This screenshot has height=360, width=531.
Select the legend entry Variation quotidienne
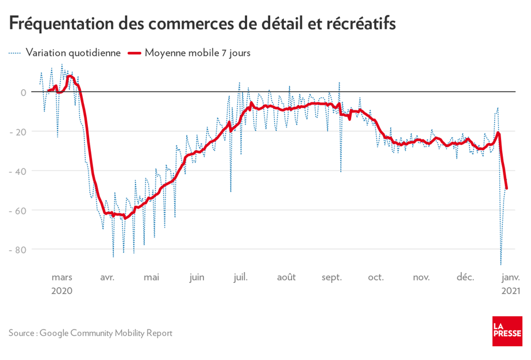click(x=72, y=53)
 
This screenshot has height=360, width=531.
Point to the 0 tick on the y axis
click(x=24, y=92)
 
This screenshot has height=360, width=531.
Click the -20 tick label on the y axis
click(x=20, y=132)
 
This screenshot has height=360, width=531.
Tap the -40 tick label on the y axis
click(x=20, y=171)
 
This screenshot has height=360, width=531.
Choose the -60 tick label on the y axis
click(x=20, y=210)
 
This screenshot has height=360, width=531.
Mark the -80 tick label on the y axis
click(x=20, y=250)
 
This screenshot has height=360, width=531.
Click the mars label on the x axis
click(x=61, y=277)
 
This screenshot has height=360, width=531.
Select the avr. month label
click(x=107, y=277)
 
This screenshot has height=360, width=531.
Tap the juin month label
click(x=197, y=277)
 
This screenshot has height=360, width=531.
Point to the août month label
click(x=286, y=277)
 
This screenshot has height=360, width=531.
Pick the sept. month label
click(x=331, y=277)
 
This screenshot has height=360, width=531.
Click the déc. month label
click(x=465, y=277)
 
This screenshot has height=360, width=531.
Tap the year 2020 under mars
click(x=61, y=291)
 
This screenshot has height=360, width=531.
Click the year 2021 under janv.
click(x=510, y=291)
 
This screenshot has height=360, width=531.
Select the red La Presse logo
click(x=507, y=331)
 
